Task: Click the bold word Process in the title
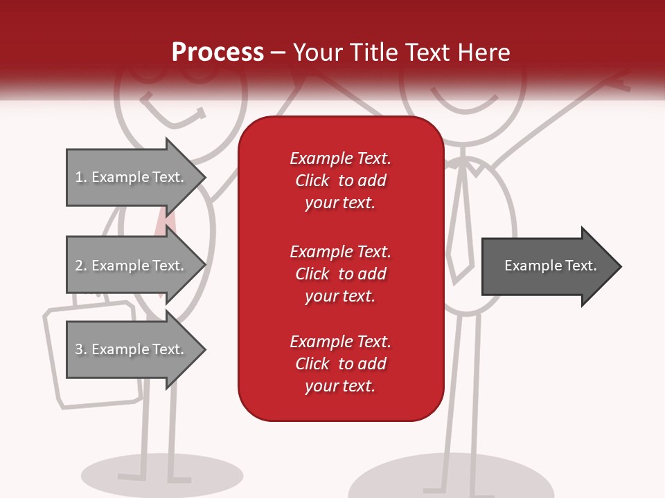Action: coord(218,53)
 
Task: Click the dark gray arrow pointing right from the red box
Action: coord(551,266)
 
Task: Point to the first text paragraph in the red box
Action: coord(340,181)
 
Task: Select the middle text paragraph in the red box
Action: coord(340,273)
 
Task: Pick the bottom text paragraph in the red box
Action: coord(340,363)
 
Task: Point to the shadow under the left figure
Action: coord(162,474)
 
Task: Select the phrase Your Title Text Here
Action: coord(402,53)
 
